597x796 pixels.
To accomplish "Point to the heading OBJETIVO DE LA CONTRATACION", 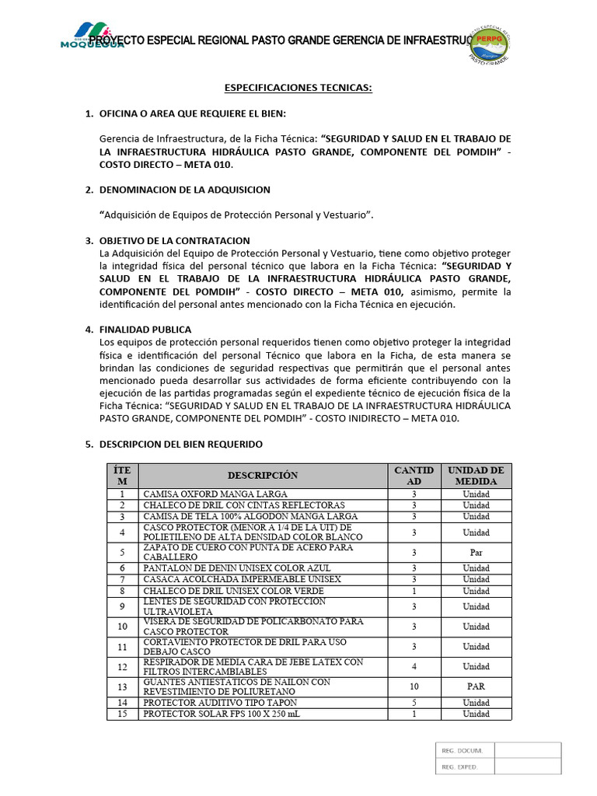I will [x=174, y=240].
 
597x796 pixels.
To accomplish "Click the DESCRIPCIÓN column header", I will [x=263, y=476].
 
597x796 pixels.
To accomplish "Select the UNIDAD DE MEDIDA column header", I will [x=476, y=476].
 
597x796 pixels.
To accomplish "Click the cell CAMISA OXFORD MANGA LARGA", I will [x=215, y=494].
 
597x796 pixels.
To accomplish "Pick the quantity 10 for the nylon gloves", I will [x=414, y=686].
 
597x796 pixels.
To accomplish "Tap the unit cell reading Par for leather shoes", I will [x=476, y=553].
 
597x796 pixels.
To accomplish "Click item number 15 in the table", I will [x=122, y=714].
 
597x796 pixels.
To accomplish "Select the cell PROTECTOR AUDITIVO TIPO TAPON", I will [x=220, y=702].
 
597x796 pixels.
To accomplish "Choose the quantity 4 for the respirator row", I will [x=414, y=666].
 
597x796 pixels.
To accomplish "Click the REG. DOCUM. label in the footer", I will [x=463, y=750].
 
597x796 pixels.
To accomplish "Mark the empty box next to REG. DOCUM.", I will [x=527, y=750].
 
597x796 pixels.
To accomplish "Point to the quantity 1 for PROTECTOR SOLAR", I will [x=414, y=714].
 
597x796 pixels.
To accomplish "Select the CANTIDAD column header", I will [x=414, y=476].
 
